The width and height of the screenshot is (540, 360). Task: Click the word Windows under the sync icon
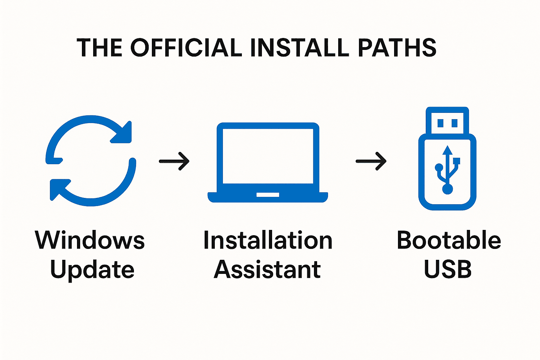(x=90, y=240)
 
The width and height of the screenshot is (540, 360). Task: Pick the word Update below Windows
(x=92, y=270)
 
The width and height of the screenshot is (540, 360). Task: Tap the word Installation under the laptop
(x=268, y=240)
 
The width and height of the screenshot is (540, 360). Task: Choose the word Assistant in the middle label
(x=267, y=270)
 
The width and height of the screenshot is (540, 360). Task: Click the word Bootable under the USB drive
(x=449, y=240)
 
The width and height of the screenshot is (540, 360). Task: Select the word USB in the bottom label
(x=448, y=270)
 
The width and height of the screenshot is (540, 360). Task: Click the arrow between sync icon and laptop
(x=174, y=161)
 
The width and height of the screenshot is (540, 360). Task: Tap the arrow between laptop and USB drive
(x=371, y=161)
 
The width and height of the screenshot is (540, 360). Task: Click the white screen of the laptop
(x=268, y=156)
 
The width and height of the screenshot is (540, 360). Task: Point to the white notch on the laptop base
(x=268, y=195)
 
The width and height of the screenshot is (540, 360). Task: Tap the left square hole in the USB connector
(x=441, y=123)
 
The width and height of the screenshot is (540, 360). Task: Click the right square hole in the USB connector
(x=454, y=123)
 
